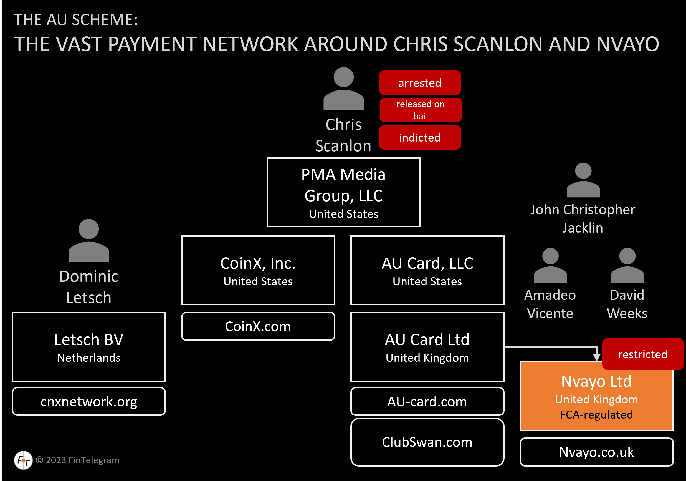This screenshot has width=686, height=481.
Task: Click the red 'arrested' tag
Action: coord(420,83)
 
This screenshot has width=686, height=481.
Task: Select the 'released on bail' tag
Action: coord(420,110)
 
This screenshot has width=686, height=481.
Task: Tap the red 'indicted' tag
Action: coord(420,137)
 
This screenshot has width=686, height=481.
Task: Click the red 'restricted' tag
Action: coord(642,354)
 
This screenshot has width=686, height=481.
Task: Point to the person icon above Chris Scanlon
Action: coord(344,89)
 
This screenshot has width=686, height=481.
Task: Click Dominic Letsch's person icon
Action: coord(89,241)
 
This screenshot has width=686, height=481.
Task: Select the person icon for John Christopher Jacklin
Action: coord(583,180)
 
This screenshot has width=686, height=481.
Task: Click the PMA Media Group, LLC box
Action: coord(343,192)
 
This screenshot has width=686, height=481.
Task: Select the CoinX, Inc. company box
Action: coord(258,270)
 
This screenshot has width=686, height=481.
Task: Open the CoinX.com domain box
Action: coord(258,326)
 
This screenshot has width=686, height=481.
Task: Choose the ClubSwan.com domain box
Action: coord(427,442)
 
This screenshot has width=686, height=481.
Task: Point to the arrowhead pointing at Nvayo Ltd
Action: coord(596,357)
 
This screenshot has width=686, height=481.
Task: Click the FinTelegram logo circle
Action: coord(23,460)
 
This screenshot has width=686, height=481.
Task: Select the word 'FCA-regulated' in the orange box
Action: coord(596,415)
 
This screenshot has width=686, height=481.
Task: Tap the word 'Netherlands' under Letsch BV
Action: coord(89,358)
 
